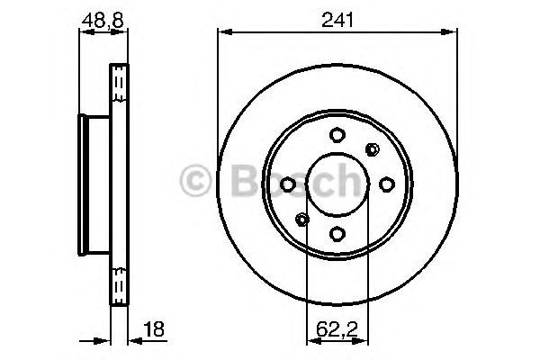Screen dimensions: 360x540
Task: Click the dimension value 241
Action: pyautogui.click(x=335, y=17)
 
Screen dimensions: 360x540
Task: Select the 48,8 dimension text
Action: pyautogui.click(x=101, y=17)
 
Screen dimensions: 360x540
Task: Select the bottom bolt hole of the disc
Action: pyautogui.click(x=336, y=234)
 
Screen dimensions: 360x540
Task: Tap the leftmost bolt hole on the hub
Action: pyautogui.click(x=287, y=184)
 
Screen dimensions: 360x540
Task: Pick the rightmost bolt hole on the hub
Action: pyautogui.click(x=385, y=184)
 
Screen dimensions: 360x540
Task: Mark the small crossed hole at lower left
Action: pyautogui.click(x=301, y=220)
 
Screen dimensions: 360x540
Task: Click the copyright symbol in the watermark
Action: pyautogui.click(x=196, y=181)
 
